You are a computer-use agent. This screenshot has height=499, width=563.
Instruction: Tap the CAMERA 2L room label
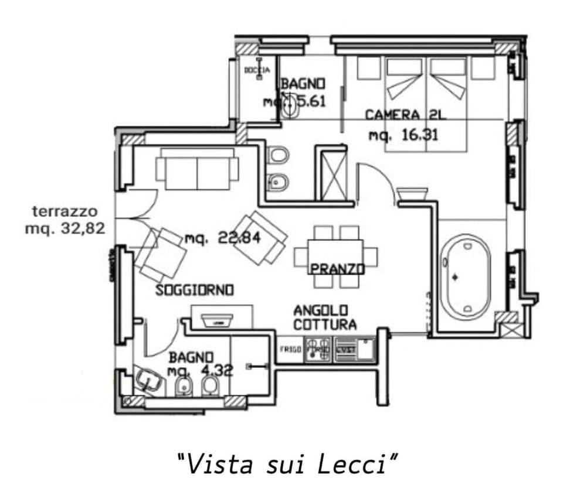click(x=405, y=115)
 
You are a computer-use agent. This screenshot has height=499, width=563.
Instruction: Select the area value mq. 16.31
click(x=403, y=135)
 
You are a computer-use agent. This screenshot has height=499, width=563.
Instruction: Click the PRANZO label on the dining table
click(x=337, y=269)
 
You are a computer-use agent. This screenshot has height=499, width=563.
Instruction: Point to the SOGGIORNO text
click(x=195, y=290)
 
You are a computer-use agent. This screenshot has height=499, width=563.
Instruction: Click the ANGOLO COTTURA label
click(x=324, y=317)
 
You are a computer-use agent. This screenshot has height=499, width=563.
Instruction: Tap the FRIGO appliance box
click(x=290, y=350)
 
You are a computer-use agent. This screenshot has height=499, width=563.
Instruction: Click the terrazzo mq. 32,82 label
click(x=65, y=220)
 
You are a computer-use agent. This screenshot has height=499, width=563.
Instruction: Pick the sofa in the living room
click(x=197, y=169)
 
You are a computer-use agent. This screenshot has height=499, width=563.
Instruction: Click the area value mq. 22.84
click(x=222, y=238)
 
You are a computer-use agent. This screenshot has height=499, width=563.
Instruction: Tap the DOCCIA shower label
click(x=257, y=70)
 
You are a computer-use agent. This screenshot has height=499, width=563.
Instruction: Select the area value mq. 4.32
click(x=199, y=370)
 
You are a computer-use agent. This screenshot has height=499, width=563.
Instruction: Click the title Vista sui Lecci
click(x=287, y=464)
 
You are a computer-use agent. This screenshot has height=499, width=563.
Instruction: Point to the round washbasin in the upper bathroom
click(x=290, y=105)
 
